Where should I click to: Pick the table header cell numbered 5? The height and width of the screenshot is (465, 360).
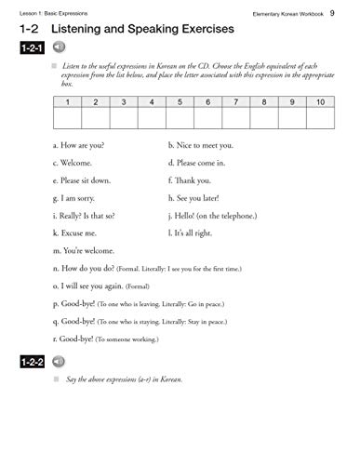[x=180, y=100]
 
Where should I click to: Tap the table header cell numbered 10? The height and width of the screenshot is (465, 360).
[x=321, y=100]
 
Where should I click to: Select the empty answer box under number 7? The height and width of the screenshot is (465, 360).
[x=236, y=118]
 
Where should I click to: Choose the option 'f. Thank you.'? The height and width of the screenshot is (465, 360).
[x=191, y=180]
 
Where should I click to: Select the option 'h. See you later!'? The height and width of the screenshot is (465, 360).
[x=199, y=198]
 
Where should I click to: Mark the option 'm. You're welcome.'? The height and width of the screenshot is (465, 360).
[x=85, y=250]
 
